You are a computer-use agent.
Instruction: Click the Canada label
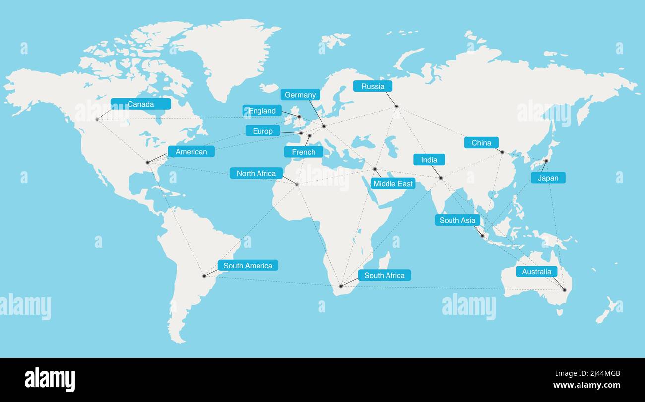pyautogui.click(x=141, y=104)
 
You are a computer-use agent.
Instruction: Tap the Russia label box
pyautogui.click(x=373, y=86)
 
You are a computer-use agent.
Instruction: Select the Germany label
pyautogui.click(x=300, y=95)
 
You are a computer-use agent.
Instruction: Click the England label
pyautogui.click(x=262, y=111)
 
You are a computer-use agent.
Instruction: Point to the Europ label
pyautogui.click(x=262, y=131)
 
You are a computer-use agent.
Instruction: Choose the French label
pyautogui.click(x=304, y=152)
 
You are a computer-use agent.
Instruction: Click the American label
pyautogui.click(x=191, y=151)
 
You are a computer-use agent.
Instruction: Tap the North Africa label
pyautogui.click(x=256, y=173)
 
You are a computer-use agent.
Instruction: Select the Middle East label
pyautogui.click(x=393, y=184)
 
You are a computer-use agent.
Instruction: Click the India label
pyautogui.click(x=429, y=160)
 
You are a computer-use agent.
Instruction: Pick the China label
pyautogui.click(x=481, y=143)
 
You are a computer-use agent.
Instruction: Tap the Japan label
pyautogui.click(x=548, y=178)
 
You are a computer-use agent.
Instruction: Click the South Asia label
pyautogui.click(x=457, y=220)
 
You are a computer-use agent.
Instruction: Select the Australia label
pyautogui.click(x=536, y=271)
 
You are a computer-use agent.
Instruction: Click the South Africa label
pyautogui.click(x=385, y=275)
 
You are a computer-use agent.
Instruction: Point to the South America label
pyautogui.click(x=248, y=266)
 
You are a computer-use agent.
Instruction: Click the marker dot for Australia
pyautogui.click(x=564, y=290)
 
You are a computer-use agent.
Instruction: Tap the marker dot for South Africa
pyautogui.click(x=341, y=286)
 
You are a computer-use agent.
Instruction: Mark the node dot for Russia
pyautogui.click(x=397, y=106)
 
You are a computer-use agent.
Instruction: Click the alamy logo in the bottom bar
pyautogui.click(x=50, y=380)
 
